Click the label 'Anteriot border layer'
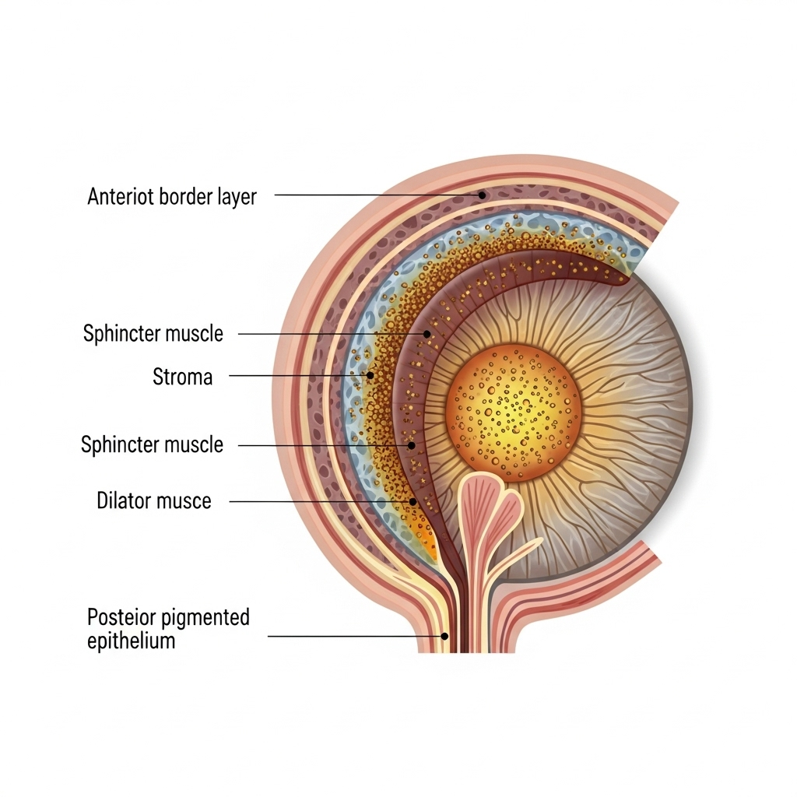pos(171,196)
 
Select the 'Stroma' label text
pos(182,377)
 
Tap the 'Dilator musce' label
pos(153,500)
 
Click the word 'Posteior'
pos(123,618)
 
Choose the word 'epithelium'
pos(131,641)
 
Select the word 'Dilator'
pos(122,500)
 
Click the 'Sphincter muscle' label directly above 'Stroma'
pos(153,334)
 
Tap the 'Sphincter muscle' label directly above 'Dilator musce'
pos(153,444)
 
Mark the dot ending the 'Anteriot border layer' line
pos(483,195)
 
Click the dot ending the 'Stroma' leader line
pos(370,375)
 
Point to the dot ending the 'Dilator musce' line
pos(413,502)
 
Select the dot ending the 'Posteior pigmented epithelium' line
pos(444,636)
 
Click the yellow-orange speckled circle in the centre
pos(514,412)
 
